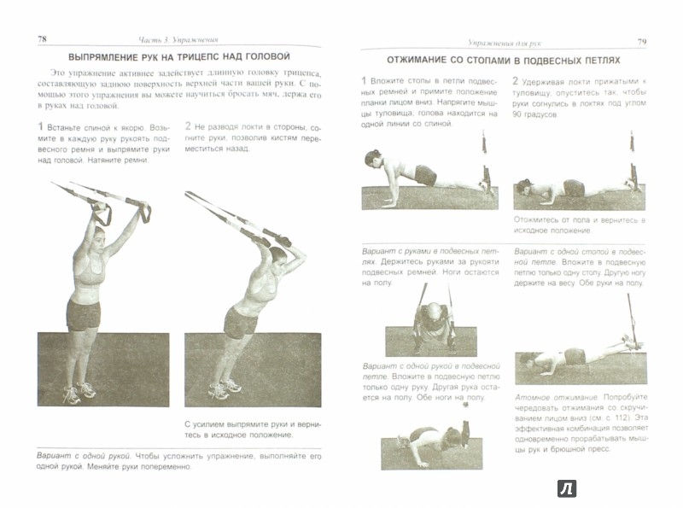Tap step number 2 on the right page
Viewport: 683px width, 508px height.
click(x=516, y=81)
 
